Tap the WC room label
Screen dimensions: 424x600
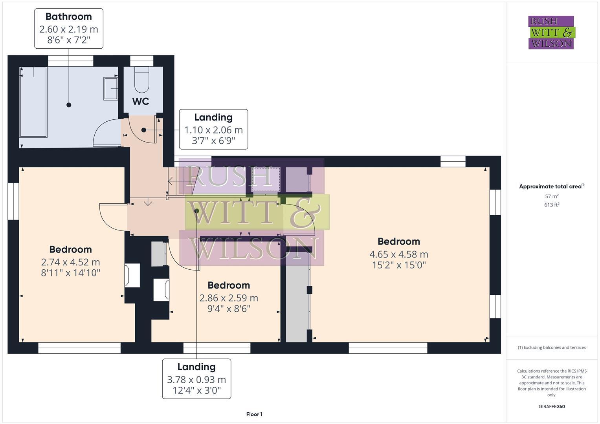coord(141,101)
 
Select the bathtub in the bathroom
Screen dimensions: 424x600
coord(33,102)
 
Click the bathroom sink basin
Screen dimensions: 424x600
coord(110,88)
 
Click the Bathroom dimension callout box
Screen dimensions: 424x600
coord(69,29)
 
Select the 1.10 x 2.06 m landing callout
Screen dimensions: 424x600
coord(213,129)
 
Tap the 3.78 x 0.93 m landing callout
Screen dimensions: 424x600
coord(196,379)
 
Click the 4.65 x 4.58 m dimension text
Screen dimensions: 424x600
coord(398,254)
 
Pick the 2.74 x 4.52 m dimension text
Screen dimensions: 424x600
coord(70,262)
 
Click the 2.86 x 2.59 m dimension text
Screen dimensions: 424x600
coord(229,298)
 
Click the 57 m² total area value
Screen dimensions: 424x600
coord(551,196)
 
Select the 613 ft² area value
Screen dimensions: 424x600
coord(551,205)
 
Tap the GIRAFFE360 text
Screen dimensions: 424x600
coord(551,406)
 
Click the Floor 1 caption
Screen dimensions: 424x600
coord(254,414)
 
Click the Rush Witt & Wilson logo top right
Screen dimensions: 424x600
coord(551,32)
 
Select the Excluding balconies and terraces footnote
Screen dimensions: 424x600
coord(551,347)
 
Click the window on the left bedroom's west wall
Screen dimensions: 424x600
coord(13,201)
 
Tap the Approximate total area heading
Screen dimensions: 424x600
coord(551,186)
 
